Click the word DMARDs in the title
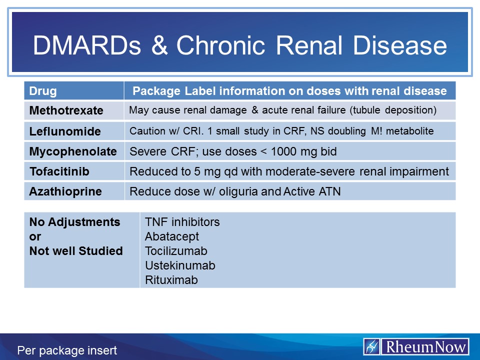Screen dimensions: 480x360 [87, 45]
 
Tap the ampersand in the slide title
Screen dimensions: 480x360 [159, 45]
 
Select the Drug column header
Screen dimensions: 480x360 [43, 91]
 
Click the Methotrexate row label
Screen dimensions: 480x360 [66, 110]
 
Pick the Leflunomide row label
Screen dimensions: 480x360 [65, 131]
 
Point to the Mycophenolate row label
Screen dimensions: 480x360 [73, 151]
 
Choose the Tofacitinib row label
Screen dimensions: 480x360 [59, 171]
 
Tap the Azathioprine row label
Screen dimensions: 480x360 [65, 191]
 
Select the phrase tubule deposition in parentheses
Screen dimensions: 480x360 [393, 110]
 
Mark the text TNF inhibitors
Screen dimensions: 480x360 [182, 222]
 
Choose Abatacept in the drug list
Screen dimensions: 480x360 [172, 236]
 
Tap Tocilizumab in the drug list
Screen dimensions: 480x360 [176, 250]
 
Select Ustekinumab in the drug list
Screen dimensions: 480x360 [180, 265]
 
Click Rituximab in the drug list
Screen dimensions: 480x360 [171, 280]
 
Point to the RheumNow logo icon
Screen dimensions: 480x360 [372, 347]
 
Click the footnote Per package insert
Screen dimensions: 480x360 [67, 350]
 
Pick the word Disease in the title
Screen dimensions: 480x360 [400, 45]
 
